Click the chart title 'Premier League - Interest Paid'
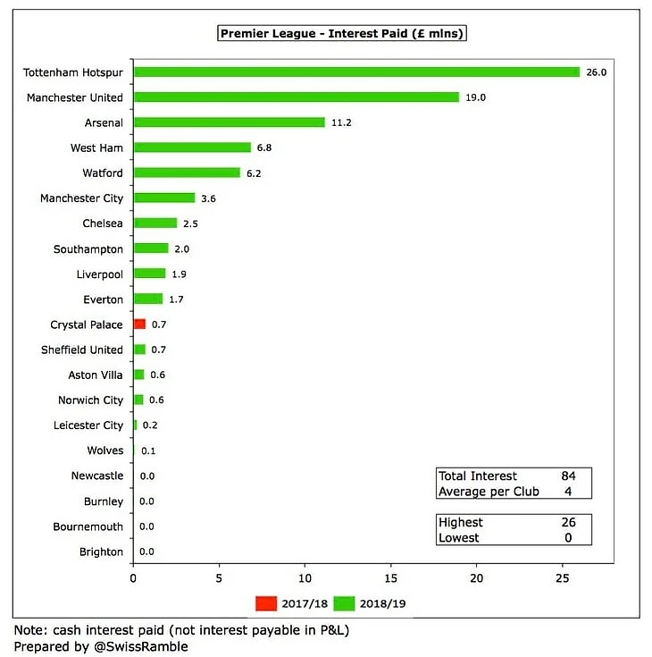[x=343, y=33]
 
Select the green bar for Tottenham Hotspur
[x=356, y=72]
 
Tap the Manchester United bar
[x=296, y=97]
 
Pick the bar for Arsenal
[x=229, y=122]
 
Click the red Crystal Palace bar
[x=138, y=324]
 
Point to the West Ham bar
[x=191, y=147]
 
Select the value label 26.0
[x=596, y=72]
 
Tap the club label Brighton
[x=102, y=552]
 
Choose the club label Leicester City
[x=88, y=425]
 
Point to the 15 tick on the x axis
[x=390, y=578]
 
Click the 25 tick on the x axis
[x=563, y=578]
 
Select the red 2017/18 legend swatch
[x=267, y=603]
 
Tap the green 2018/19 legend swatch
[x=344, y=603]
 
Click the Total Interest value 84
[x=568, y=476]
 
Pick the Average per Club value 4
[x=568, y=492]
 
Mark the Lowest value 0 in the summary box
[x=568, y=538]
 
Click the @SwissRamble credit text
[x=137, y=646]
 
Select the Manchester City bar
[x=163, y=198]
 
